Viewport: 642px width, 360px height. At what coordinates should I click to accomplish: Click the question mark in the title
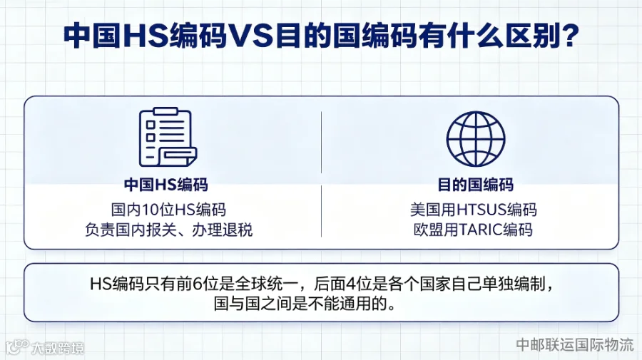pos(568,35)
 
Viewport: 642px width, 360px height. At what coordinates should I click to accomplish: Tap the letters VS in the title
pos(250,36)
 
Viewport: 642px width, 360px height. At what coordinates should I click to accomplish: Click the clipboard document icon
pos(168,137)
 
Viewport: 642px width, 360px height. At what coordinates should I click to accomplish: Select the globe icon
pos(475,139)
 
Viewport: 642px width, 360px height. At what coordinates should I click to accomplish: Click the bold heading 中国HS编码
pos(166,185)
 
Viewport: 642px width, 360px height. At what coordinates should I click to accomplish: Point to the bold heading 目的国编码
pos(475,185)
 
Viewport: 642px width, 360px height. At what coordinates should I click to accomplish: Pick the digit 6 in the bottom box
pos(198,284)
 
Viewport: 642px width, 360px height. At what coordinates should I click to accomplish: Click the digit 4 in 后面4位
pos(351,284)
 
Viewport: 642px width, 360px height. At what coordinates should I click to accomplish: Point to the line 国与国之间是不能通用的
pos(305,304)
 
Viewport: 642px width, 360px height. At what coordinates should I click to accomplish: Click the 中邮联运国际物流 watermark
pos(575,344)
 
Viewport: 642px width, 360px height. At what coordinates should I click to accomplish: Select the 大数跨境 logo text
pos(57,348)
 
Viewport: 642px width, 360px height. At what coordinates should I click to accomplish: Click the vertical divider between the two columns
pos(322,174)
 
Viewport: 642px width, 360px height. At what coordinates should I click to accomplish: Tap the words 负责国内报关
pos(131,230)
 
